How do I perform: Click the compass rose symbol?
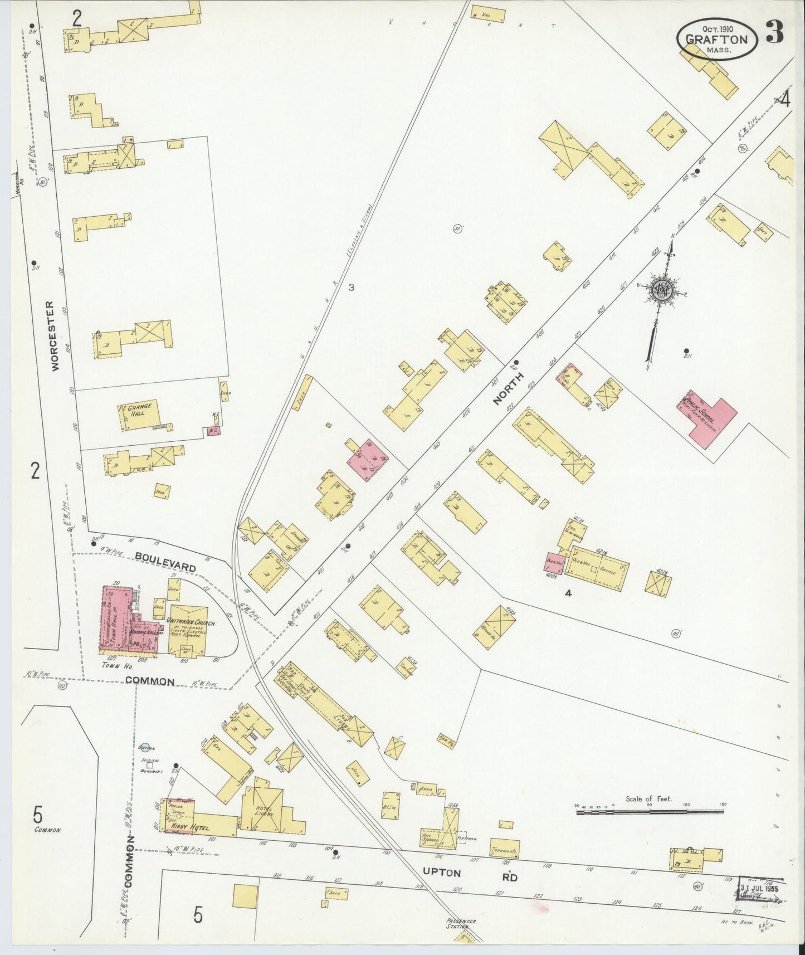(662, 292)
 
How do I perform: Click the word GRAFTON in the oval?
(716, 39)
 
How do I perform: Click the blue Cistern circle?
(147, 748)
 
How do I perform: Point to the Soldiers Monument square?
(150, 765)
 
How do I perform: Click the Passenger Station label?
(461, 923)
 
